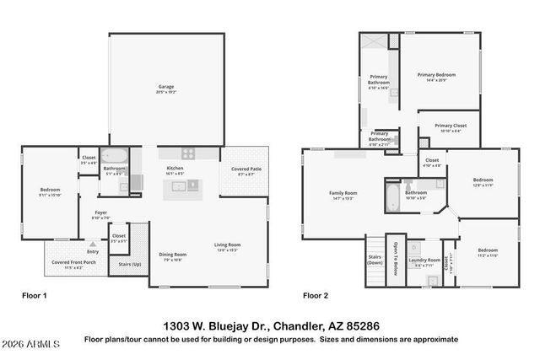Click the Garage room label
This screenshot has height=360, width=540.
167,87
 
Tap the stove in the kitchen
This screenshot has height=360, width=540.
188,153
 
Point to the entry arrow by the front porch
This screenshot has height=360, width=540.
93,244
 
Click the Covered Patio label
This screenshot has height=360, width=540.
245,169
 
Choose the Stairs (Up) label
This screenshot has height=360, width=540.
129,265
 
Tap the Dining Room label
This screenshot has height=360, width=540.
173,254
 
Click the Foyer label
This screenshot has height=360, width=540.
100,212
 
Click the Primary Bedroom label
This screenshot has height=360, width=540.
437,75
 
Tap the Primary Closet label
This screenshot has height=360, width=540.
450,126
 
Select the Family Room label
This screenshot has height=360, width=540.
343,193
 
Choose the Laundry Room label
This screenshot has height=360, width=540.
424,260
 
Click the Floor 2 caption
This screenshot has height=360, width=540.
316,296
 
